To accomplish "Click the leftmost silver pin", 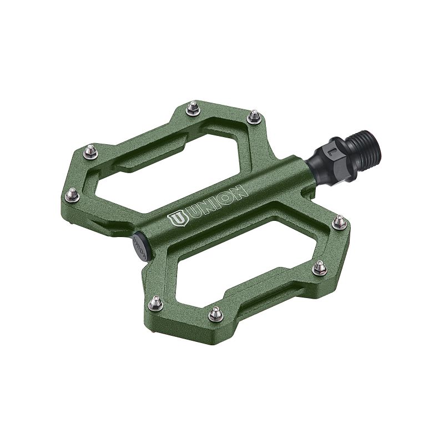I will click(70, 194).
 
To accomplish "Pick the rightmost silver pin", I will click(338, 222).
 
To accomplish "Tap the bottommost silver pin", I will click(214, 315).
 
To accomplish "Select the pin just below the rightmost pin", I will click(319, 268).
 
